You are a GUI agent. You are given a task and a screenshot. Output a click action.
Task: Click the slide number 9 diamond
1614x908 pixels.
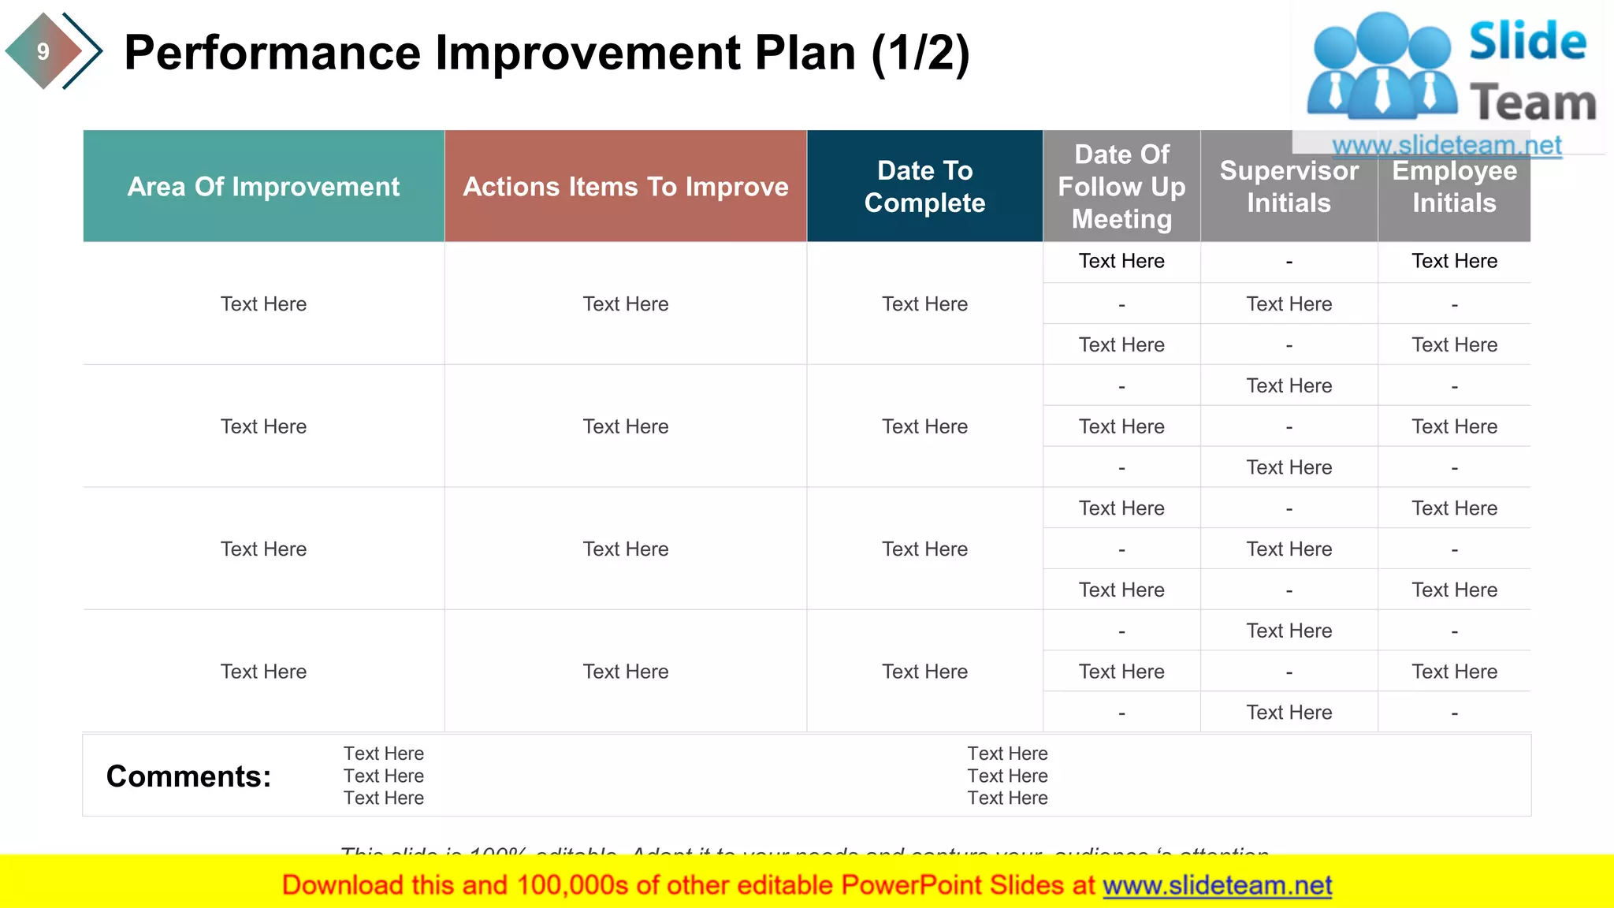tap(43, 51)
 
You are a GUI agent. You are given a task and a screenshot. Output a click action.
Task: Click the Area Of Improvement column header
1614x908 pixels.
tap(263, 187)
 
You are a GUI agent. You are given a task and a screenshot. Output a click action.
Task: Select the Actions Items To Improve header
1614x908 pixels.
tap(625, 187)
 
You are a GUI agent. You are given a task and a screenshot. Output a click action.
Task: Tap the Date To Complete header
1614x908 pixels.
tap(924, 187)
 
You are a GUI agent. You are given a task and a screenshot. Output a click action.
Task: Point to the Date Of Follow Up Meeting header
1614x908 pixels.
tap(1121, 187)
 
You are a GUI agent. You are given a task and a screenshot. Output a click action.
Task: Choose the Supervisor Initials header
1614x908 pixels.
tap(1289, 187)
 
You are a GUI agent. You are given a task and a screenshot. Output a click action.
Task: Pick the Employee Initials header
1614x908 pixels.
tap(1454, 187)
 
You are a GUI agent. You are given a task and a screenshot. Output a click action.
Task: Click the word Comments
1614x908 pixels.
tap(188, 776)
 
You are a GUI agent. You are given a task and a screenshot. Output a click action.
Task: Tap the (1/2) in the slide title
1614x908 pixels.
tap(920, 53)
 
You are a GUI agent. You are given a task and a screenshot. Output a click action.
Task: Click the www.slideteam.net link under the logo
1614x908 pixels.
tap(1446, 145)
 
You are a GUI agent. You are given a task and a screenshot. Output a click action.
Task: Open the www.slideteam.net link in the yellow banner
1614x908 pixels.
tap(1217, 885)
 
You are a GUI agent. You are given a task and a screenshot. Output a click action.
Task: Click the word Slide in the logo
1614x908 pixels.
tap(1527, 42)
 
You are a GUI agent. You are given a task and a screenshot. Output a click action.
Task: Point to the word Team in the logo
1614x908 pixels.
tap(1533, 103)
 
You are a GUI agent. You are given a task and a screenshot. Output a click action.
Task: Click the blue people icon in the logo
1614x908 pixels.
tap(1382, 67)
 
